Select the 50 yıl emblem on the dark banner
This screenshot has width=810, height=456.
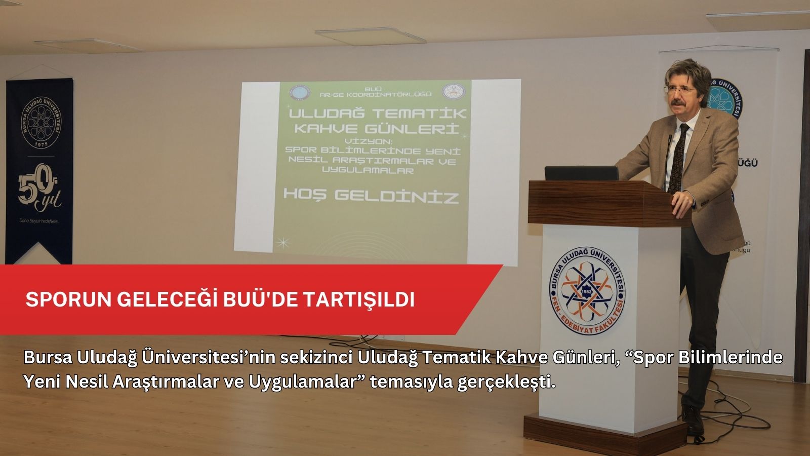pyautogui.click(x=39, y=192)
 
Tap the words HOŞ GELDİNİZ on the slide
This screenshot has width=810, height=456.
pyautogui.click(x=371, y=196)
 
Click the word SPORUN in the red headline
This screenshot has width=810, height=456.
pyautogui.click(x=68, y=299)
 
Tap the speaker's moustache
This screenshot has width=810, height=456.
pyautogui.click(x=677, y=103)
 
